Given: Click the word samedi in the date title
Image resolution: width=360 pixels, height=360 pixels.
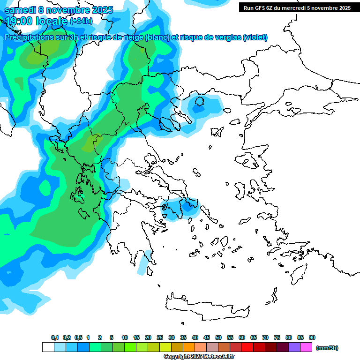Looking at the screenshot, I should tap(20, 10).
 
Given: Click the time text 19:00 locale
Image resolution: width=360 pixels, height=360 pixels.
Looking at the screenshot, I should tap(37, 21).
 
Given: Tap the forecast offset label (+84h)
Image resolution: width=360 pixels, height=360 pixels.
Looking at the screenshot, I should tap(81, 21).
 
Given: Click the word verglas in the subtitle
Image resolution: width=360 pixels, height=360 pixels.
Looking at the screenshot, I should tap(224, 37).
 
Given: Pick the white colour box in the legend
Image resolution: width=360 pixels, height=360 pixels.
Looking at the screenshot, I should tap(48, 347).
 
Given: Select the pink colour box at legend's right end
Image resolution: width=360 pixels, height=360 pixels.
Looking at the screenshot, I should tap(306, 347).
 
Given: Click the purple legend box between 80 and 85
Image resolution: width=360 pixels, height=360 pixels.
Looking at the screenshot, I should tap(294, 347).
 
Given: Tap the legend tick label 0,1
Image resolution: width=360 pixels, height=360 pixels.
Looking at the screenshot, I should tap(54, 338).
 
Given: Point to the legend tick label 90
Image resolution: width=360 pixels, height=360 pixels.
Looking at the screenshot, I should tap(312, 338).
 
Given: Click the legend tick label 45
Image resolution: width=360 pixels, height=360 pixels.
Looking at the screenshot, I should tap(207, 338).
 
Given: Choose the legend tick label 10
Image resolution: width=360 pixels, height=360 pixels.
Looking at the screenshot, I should tap(125, 338).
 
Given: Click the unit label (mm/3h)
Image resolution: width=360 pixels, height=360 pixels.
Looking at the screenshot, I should tap(327, 348).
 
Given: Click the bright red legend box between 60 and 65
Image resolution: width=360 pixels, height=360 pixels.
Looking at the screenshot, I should tap(247, 347).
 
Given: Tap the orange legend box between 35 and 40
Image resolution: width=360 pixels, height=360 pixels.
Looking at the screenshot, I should tap(189, 347).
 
